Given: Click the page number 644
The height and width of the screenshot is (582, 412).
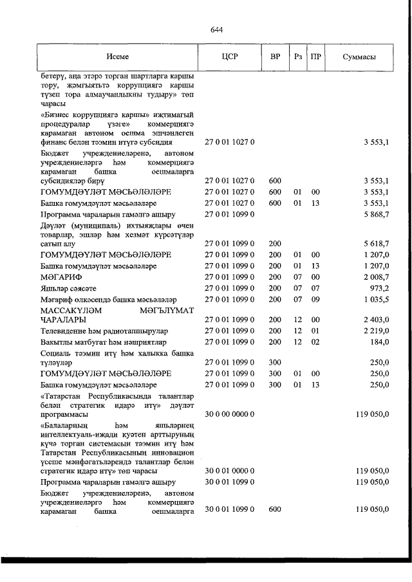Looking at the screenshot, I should point(216,30).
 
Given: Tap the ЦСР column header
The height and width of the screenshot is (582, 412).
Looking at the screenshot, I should point(229,57).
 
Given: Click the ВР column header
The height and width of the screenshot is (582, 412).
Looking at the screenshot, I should point(275,57).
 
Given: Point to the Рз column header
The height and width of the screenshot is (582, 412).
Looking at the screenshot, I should point(297,57).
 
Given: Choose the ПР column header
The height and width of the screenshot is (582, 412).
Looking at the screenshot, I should point(315,57).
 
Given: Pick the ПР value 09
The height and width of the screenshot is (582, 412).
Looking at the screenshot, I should point(315,299).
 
